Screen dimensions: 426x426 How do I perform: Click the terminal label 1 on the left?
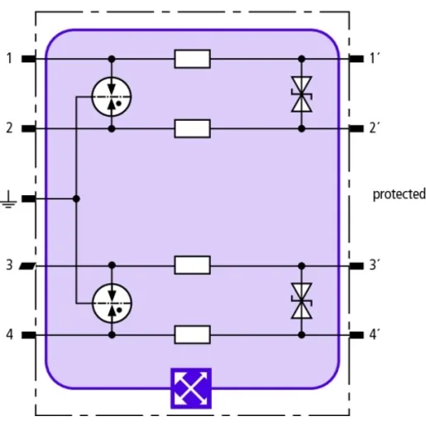pyautogui.click(x=10, y=59)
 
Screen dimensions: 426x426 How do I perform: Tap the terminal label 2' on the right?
pyautogui.click(x=374, y=128)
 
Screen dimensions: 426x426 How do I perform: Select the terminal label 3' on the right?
pyautogui.click(x=374, y=265)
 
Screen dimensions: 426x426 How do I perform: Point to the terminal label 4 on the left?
pyautogui.click(x=10, y=335)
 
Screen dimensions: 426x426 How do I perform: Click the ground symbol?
pyautogui.click(x=8, y=199)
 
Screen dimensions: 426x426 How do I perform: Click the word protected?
pyautogui.click(x=399, y=194)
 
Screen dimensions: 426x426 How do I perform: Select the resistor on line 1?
pyautogui.click(x=193, y=59)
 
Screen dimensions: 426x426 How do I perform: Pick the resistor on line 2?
pyautogui.click(x=193, y=128)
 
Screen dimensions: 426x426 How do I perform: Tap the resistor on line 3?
pyautogui.click(x=193, y=266)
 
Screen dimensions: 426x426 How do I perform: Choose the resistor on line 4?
pyautogui.click(x=193, y=335)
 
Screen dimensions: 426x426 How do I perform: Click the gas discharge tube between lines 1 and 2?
pyautogui.click(x=112, y=97)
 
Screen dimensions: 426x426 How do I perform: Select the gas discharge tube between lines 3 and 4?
pyautogui.click(x=112, y=304)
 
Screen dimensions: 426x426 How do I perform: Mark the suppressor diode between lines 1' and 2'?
pyautogui.click(x=302, y=94)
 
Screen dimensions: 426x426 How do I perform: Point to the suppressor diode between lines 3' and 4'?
pyautogui.click(x=302, y=301)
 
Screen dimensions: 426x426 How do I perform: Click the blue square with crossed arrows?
pyautogui.click(x=191, y=388)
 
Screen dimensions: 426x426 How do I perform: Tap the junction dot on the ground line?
pyautogui.click(x=76, y=199)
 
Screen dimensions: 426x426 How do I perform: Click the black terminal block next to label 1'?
pyautogui.click(x=357, y=59)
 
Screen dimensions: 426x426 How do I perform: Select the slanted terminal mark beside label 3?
pyautogui.click(x=27, y=266)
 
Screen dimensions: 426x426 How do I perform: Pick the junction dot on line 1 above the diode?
pyautogui.click(x=302, y=59)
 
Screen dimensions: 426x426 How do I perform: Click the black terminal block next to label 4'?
pyautogui.click(x=357, y=335)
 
